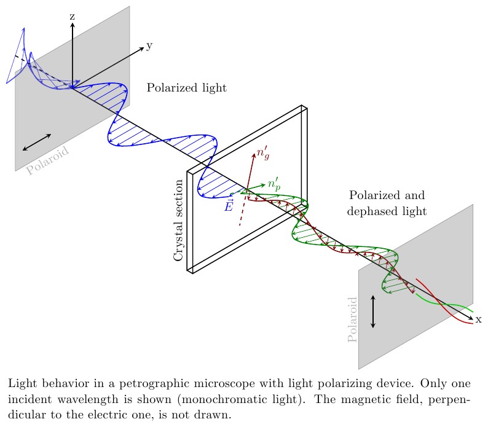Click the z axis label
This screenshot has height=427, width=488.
(x=72, y=17)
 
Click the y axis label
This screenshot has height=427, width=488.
(x=149, y=46)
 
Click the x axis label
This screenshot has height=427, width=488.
(x=478, y=319)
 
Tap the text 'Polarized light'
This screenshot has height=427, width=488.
(x=186, y=88)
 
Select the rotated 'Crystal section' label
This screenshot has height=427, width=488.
(x=179, y=220)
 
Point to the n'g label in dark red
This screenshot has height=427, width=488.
(x=262, y=154)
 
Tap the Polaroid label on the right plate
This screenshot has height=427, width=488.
(x=353, y=319)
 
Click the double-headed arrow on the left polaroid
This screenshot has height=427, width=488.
(x=36, y=142)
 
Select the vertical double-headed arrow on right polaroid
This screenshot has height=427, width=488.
(x=372, y=311)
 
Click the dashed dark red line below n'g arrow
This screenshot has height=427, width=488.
(x=242, y=212)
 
